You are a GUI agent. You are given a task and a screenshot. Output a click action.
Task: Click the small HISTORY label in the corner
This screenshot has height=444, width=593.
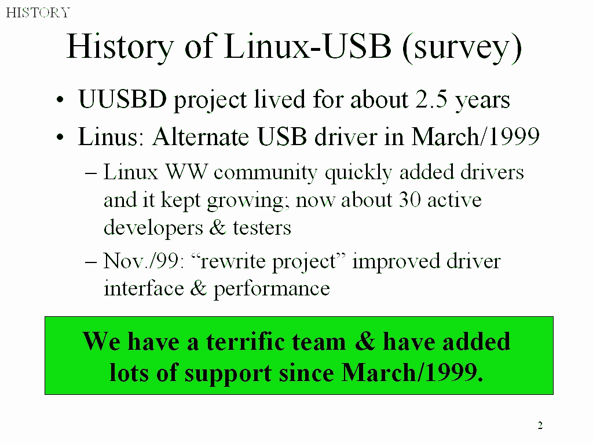click(38, 13)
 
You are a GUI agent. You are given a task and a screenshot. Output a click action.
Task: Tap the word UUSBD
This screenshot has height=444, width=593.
click(122, 99)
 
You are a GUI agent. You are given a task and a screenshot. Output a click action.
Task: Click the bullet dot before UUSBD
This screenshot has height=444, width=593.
click(60, 101)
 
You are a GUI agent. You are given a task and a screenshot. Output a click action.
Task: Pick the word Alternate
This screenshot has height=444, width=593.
click(201, 136)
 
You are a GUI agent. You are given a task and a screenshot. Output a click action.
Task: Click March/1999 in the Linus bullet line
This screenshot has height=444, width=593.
click(475, 136)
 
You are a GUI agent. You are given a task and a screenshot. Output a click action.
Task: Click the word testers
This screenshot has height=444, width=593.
click(262, 228)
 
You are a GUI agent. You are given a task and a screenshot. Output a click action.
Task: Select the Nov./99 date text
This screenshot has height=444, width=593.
click(144, 261)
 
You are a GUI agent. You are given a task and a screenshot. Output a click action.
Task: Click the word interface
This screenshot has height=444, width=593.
click(144, 288)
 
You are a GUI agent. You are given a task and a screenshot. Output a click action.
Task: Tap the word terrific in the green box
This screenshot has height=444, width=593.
click(276, 341)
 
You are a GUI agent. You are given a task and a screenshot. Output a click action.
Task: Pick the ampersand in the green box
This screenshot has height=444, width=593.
click(365, 341)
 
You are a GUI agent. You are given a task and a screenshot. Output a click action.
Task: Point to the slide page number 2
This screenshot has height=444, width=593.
click(540, 425)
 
